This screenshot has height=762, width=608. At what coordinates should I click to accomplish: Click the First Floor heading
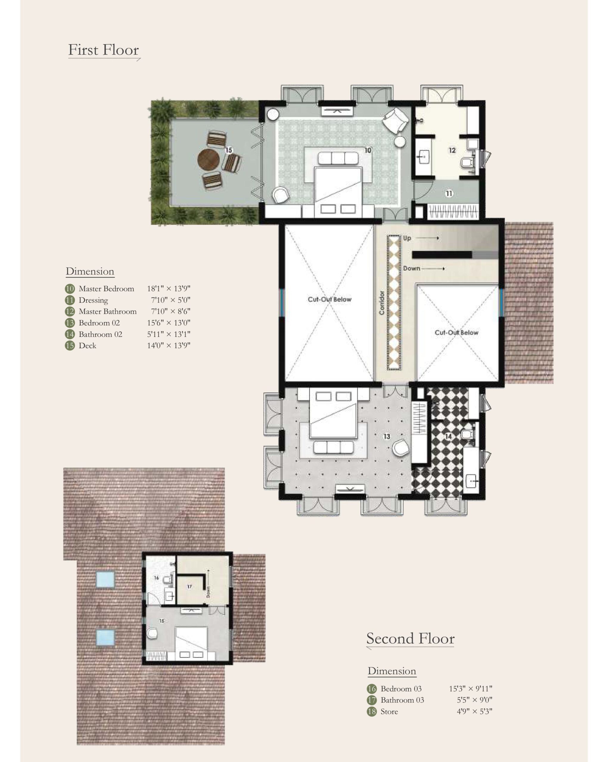click(103, 50)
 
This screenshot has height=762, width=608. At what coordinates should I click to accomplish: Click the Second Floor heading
click(410, 638)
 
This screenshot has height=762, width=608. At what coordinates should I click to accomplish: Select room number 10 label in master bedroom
click(368, 150)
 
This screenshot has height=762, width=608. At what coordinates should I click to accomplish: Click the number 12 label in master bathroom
click(452, 150)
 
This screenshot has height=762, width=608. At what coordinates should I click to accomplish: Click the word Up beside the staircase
click(407, 238)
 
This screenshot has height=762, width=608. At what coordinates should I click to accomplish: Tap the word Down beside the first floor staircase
click(412, 268)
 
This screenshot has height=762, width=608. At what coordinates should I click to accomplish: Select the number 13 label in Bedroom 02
click(387, 436)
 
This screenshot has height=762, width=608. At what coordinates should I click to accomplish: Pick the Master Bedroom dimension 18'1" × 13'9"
click(169, 288)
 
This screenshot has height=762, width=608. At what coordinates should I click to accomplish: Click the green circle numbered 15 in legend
click(70, 345)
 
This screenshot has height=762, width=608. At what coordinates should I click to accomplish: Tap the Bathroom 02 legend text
click(100, 334)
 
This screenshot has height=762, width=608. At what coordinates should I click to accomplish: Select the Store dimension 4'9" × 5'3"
click(474, 711)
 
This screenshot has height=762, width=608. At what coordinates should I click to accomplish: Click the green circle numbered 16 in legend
click(372, 688)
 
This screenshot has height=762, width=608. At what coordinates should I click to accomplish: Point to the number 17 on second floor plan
click(189, 586)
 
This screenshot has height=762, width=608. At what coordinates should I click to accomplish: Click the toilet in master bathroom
click(468, 162)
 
